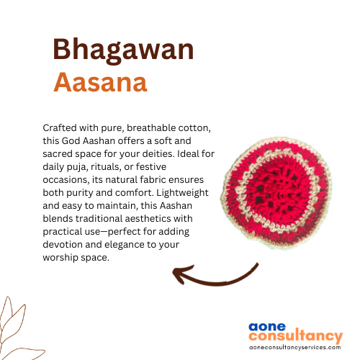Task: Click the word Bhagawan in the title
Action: pyautogui.click(x=123, y=50)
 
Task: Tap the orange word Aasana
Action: pyautogui.click(x=100, y=82)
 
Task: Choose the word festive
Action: pyautogui.click(x=151, y=166)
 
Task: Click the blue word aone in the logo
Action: pyautogui.click(x=267, y=327)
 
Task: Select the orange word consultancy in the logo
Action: pyautogui.click(x=296, y=336)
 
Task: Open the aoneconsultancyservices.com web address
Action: pyautogui.click(x=295, y=348)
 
